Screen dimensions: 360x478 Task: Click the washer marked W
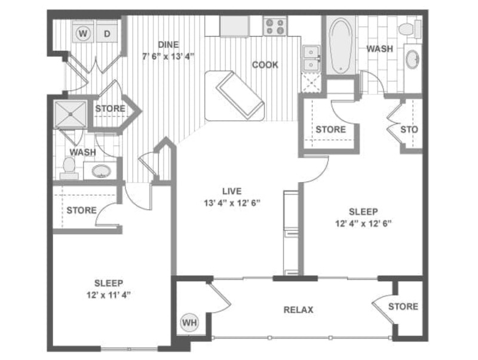[83, 33]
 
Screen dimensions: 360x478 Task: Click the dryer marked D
[108, 33]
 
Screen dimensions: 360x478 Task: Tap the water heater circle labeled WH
[189, 323]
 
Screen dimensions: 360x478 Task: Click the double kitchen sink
[311, 59]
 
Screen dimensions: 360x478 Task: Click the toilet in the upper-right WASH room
[408, 28]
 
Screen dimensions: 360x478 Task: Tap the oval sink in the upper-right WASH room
[412, 59]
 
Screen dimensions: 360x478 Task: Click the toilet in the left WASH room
[69, 168]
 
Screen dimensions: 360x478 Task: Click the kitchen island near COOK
[234, 95]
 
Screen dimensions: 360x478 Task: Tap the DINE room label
[168, 45]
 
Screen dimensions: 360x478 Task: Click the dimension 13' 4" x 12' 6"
[232, 202]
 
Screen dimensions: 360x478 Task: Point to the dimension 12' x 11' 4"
[109, 294]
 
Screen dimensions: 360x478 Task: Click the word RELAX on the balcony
[299, 310]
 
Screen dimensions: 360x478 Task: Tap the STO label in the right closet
[409, 129]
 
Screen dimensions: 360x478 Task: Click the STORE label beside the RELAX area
[403, 307]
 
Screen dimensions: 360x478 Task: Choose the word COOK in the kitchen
[265, 65]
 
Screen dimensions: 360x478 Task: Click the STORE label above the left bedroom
[81, 210]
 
